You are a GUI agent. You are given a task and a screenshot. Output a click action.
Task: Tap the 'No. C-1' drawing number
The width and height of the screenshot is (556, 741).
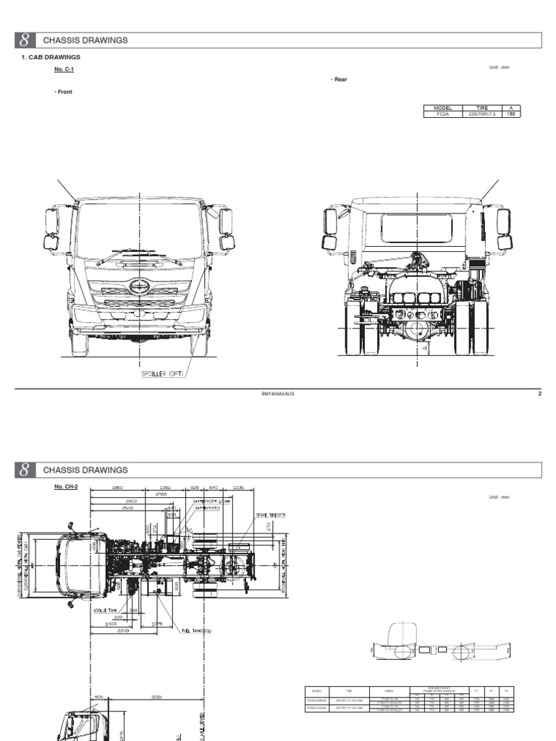coord(63,69)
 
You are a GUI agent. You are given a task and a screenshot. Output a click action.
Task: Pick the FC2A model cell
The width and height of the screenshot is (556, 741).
coord(442,114)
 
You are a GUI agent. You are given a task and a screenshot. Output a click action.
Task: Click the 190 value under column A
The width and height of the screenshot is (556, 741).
coord(510,114)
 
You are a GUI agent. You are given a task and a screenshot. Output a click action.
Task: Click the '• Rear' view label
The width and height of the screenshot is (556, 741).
coord(339,80)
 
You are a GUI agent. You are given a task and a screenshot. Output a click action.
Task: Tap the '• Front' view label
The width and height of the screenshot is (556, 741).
coord(63,92)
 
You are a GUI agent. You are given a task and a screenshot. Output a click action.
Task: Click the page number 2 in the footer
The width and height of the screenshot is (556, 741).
coord(539,394)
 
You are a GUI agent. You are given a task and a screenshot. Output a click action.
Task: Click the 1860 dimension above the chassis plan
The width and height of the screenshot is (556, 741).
coord(119,488)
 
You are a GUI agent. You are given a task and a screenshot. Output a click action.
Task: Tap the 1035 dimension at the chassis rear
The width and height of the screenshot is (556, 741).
coord(239,488)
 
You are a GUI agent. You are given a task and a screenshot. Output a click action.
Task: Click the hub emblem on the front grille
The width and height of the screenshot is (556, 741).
coord(140,287)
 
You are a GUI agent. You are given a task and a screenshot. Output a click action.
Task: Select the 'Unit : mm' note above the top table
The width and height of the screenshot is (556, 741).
coord(500,67)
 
